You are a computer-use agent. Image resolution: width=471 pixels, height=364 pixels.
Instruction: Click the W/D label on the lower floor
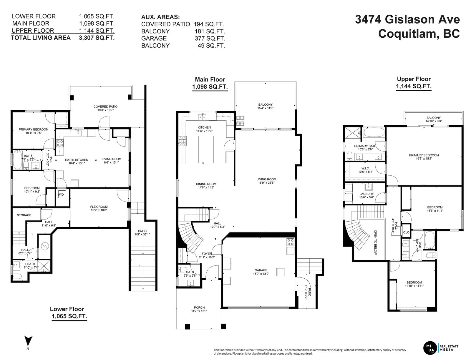pyautogui.click(x=61, y=195)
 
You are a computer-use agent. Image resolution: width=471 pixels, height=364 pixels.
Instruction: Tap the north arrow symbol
pyautogui.click(x=28, y=342)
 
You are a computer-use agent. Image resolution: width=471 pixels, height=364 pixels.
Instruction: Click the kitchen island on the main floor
pyautogui.click(x=206, y=149)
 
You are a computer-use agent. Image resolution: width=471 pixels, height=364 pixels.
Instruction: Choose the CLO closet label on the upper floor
pyautogui.click(x=406, y=232)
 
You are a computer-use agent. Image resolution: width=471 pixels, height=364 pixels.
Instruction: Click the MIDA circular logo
pyautogui.click(x=430, y=348)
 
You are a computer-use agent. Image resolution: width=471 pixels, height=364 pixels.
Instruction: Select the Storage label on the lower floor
pyautogui.click(x=24, y=215)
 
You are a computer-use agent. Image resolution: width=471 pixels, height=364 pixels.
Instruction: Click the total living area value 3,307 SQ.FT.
pyautogui.click(x=97, y=38)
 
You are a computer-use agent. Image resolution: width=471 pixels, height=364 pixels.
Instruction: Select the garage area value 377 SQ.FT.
pyautogui.click(x=210, y=38)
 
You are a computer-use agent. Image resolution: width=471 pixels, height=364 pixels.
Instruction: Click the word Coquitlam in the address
pyautogui.click(x=409, y=34)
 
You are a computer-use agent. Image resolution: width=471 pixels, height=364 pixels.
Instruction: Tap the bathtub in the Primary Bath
pyautogui.click(x=374, y=132)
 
